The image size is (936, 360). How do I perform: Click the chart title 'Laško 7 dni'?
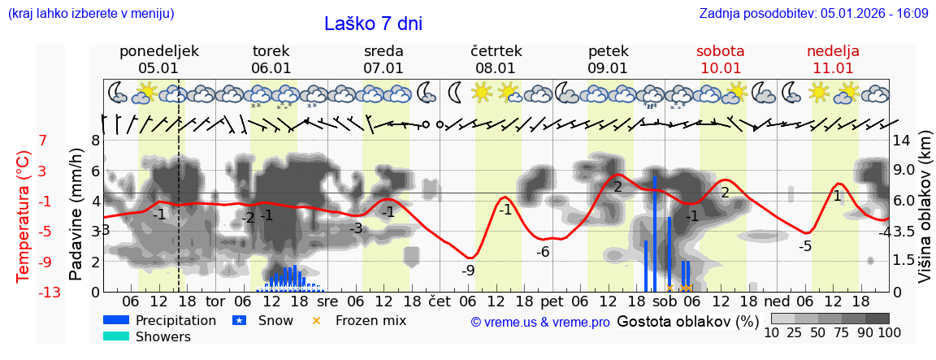coord(373,24)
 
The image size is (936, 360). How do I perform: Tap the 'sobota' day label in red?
coord(720,51)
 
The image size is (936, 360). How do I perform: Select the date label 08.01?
coord(496,68)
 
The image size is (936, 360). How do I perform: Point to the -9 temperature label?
coord(468,271)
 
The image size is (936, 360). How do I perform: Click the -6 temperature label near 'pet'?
coord(543,252)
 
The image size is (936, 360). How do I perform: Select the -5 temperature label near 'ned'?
coord(804,246)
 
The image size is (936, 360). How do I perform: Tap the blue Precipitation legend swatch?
coord(116,320)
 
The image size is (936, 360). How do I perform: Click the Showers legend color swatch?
coord(116,336)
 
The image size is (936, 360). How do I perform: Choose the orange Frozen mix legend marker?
coord(317,320)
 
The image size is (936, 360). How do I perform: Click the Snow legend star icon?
coord(239,320)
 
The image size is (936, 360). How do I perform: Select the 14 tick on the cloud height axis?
coord(902,141)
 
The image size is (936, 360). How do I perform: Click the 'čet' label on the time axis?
coord(440,299)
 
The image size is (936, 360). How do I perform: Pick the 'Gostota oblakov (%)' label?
coord(687,321)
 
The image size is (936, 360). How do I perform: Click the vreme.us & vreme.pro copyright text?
coord(540,323)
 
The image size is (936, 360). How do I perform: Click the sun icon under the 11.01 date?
coord(818,91)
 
